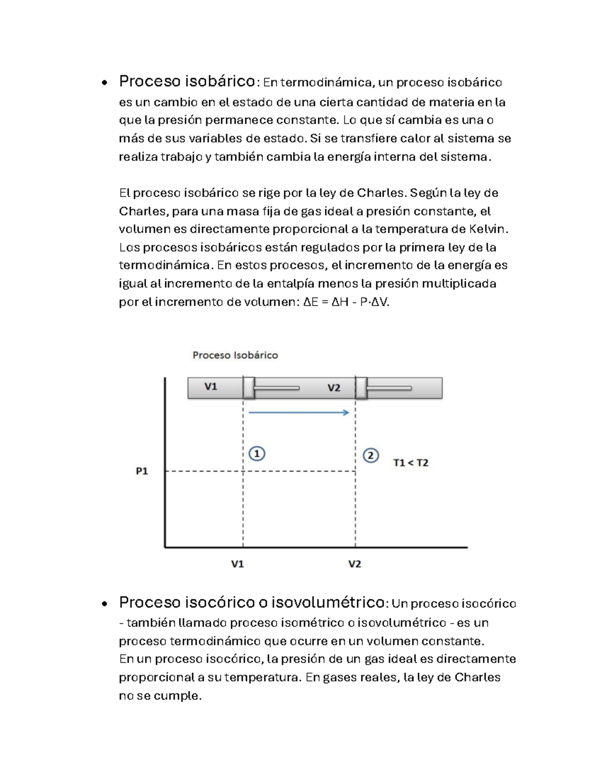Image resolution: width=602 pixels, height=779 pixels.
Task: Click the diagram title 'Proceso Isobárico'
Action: (235, 355)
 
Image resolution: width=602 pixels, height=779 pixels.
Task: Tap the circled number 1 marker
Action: (257, 453)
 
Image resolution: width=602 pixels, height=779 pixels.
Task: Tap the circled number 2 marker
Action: (371, 455)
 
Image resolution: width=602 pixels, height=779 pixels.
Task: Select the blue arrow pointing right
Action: (299, 412)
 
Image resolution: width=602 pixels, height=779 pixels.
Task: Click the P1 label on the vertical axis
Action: (142, 471)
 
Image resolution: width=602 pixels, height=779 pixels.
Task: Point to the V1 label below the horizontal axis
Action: (237, 564)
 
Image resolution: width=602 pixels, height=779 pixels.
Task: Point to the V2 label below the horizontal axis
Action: (355, 564)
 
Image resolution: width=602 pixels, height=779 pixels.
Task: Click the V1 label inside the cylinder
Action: (211, 387)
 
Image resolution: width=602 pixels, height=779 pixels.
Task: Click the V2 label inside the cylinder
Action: (334, 388)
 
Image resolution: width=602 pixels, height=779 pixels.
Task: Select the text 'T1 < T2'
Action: (411, 462)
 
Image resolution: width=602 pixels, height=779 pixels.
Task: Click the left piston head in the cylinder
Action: (249, 388)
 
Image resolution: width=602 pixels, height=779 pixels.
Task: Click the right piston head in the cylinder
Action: (361, 388)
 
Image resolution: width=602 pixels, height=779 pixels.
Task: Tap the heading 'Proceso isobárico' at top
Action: (187, 81)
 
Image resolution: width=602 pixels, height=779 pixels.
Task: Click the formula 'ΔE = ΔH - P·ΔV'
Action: (346, 302)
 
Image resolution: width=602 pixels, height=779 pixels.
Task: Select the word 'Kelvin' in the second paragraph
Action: (487, 229)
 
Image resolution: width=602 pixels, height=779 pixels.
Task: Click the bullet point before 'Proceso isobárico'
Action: (104, 83)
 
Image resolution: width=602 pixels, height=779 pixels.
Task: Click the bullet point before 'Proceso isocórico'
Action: (104, 604)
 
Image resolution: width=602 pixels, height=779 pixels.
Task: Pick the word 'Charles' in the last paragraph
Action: (477, 677)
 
